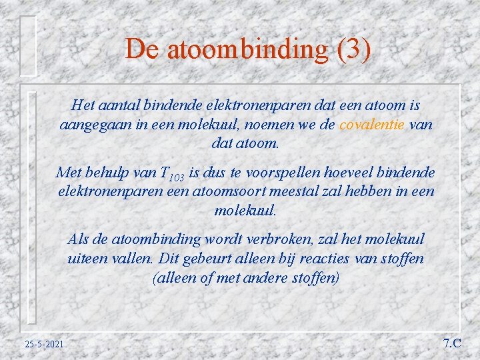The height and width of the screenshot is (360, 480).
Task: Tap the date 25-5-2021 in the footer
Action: click(44, 344)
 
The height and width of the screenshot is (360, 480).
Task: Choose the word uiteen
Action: click(89, 258)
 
